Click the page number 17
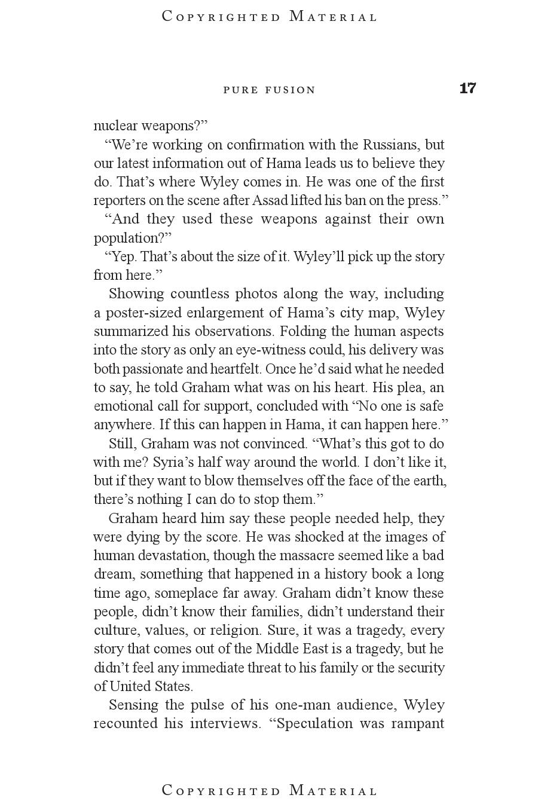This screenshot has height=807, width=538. pyautogui.click(x=467, y=88)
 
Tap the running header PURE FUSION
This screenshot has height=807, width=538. pyautogui.click(x=269, y=90)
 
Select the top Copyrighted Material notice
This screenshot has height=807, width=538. pyautogui.click(x=270, y=17)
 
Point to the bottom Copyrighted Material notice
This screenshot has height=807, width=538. pyautogui.click(x=270, y=790)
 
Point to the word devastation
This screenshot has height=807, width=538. pyautogui.click(x=175, y=555)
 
